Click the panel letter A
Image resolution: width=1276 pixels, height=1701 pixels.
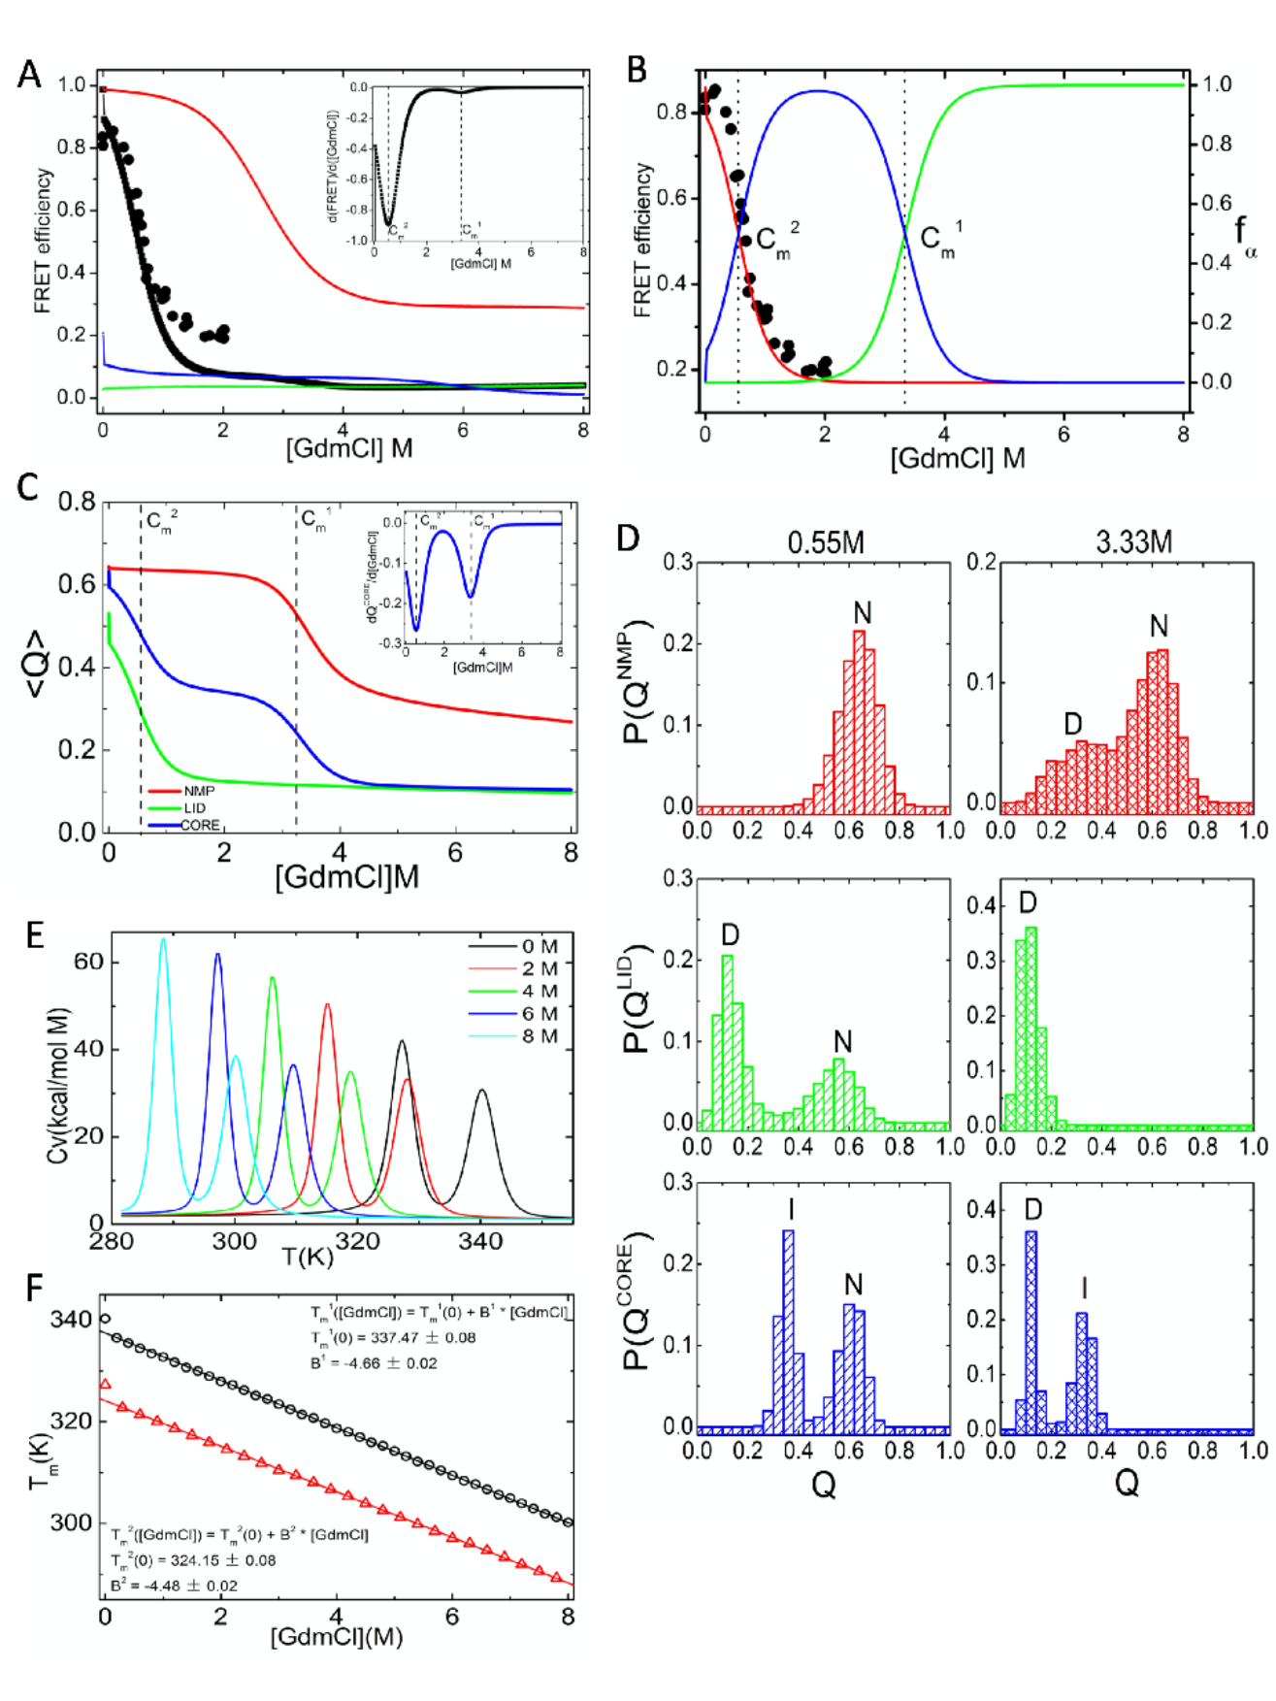click(x=30, y=74)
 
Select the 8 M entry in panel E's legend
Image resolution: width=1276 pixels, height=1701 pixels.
click(x=539, y=1036)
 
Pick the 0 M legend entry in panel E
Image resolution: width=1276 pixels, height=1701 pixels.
click(x=539, y=946)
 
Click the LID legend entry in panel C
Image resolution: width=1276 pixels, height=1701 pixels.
click(x=194, y=807)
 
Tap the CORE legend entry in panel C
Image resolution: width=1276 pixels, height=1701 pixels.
click(x=200, y=825)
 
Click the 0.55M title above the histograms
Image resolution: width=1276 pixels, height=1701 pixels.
click(x=825, y=541)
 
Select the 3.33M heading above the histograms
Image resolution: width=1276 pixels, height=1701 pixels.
click(x=1133, y=541)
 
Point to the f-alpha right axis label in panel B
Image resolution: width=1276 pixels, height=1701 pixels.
click(x=1245, y=236)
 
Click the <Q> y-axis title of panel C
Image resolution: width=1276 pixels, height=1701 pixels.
click(x=36, y=665)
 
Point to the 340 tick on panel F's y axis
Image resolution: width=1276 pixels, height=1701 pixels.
click(x=71, y=1319)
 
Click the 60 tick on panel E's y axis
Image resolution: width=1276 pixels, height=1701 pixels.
click(x=88, y=962)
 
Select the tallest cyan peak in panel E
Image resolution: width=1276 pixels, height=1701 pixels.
click(x=163, y=939)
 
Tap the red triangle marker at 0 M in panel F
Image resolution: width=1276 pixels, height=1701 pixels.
click(x=106, y=1384)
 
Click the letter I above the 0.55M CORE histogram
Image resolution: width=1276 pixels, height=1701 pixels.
click(x=792, y=1209)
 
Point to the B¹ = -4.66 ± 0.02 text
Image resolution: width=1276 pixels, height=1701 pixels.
click(x=374, y=1362)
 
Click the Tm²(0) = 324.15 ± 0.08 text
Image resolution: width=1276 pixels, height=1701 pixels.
click(x=193, y=1560)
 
